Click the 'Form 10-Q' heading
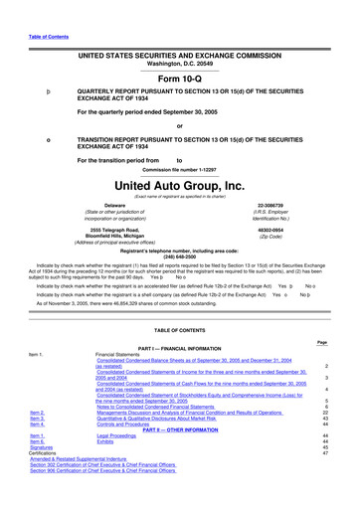pyautogui.click(x=179, y=81)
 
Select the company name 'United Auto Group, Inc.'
pyautogui.click(x=179, y=185)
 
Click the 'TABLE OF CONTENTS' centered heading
pyautogui.click(x=179, y=328)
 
